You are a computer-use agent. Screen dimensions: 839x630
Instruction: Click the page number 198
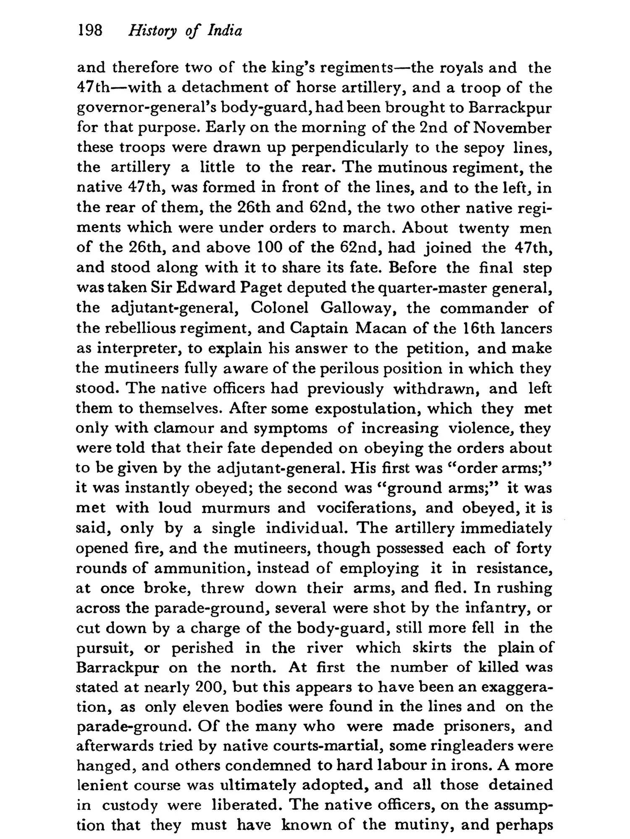90,30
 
